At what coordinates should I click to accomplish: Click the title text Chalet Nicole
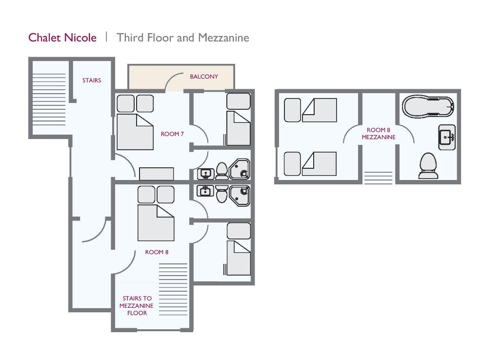pyautogui.click(x=62, y=38)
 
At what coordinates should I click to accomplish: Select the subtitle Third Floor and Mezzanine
pyautogui.click(x=183, y=38)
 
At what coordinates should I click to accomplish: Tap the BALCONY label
pyautogui.click(x=204, y=77)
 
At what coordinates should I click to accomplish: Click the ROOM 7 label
pyautogui.click(x=172, y=134)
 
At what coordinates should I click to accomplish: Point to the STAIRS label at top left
pyautogui.click(x=92, y=80)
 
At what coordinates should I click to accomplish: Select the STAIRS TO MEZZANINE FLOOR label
pyautogui.click(x=137, y=306)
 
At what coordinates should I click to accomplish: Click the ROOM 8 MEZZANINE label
pyautogui.click(x=379, y=134)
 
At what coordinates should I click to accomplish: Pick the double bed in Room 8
pyautogui.click(x=156, y=222)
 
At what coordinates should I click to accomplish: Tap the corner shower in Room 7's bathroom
pyautogui.click(x=240, y=169)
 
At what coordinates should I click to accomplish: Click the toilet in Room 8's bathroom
pyautogui.click(x=221, y=194)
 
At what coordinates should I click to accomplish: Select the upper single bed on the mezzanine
pyautogui.click(x=319, y=110)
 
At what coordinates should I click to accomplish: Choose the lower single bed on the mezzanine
pyautogui.click(x=319, y=163)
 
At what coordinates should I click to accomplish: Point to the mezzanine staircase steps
pyautogui.click(x=378, y=177)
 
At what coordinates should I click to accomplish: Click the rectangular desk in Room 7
pyautogui.click(x=156, y=174)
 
